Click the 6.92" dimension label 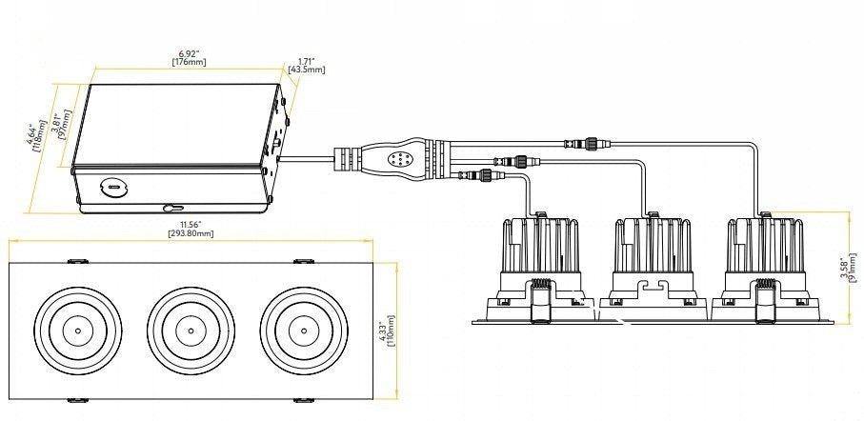click(x=189, y=53)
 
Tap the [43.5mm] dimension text click(x=307, y=70)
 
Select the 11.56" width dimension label click(x=191, y=224)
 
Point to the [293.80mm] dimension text click(x=191, y=233)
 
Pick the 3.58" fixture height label click(x=844, y=268)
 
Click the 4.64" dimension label click(x=32, y=135)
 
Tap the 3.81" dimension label click(x=55, y=125)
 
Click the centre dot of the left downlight click(x=78, y=331)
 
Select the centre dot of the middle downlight click(x=191, y=331)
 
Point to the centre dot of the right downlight click(x=304, y=331)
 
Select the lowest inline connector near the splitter click(x=482, y=176)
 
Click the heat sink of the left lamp click(x=540, y=245)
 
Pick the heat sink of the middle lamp click(x=653, y=245)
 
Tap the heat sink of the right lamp click(x=765, y=245)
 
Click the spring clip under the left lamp click(x=540, y=300)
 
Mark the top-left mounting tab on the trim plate click(x=78, y=261)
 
